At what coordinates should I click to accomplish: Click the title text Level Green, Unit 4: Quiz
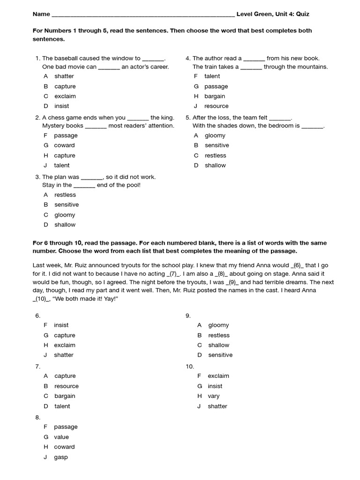272,14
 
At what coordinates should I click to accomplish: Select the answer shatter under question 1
64,76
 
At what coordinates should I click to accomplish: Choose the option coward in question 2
64,145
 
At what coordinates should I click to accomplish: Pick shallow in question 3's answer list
65,225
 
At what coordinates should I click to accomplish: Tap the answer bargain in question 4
215,96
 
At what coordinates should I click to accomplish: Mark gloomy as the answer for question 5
215,135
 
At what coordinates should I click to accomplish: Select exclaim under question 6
65,345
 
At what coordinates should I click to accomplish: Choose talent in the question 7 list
62,406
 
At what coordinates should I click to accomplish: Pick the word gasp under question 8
61,457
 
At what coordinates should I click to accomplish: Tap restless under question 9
219,335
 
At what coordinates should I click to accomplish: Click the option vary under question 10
214,396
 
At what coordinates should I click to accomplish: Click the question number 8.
37,417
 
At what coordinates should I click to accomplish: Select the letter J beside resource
196,106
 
